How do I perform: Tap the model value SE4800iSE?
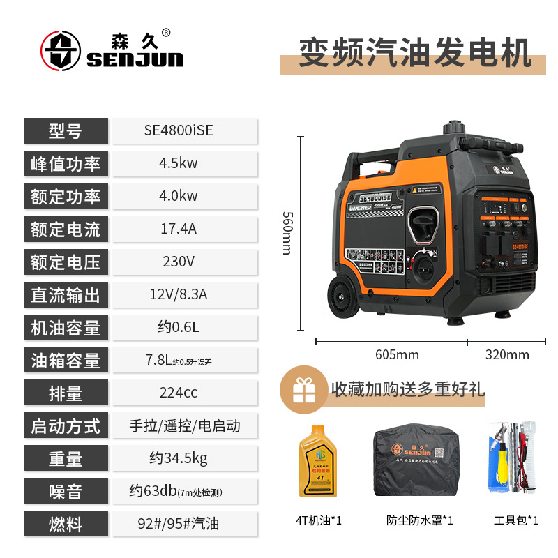[x=179, y=130]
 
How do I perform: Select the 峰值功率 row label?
[x=66, y=164]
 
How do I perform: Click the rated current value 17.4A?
[x=179, y=229]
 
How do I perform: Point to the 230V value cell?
[x=179, y=262]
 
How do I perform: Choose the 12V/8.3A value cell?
[x=179, y=294]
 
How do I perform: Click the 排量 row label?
[x=66, y=393]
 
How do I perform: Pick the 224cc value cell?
[x=179, y=393]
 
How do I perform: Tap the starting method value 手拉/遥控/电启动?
[x=185, y=425]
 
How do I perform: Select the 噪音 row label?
[x=66, y=492]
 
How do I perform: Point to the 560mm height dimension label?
[x=287, y=233]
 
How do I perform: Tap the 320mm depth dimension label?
[x=507, y=355]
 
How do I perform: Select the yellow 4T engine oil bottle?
[x=314, y=461]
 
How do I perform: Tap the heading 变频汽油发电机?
[x=415, y=52]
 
